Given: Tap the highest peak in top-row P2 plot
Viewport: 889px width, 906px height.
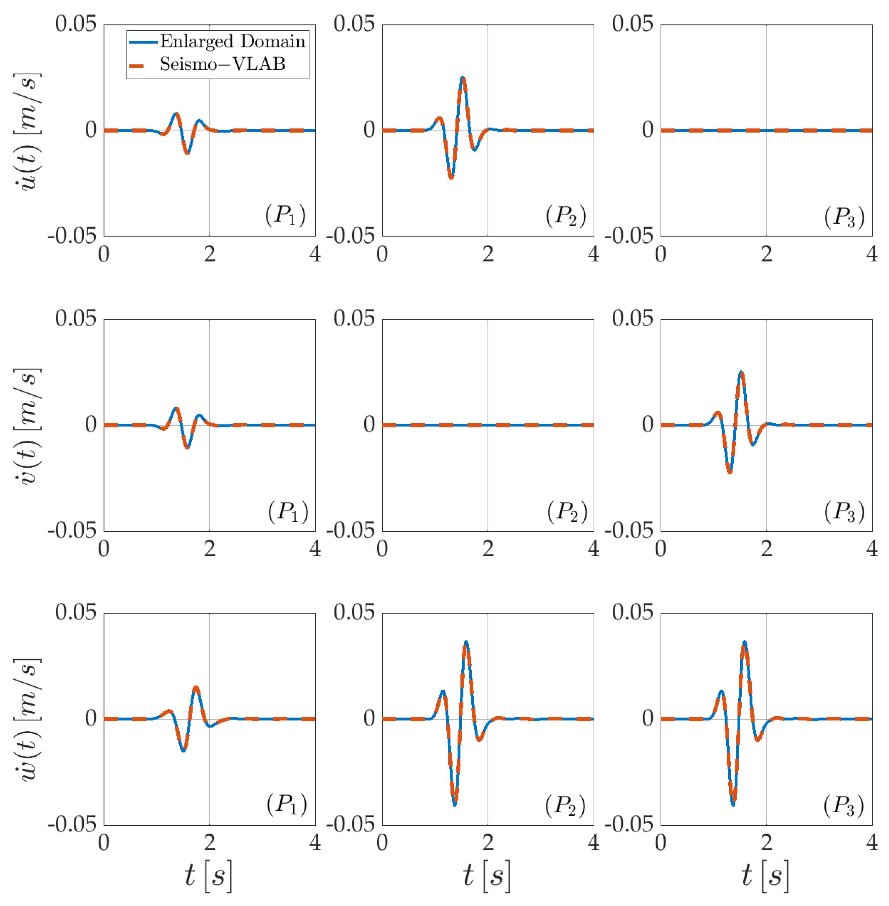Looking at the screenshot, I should pos(462,78).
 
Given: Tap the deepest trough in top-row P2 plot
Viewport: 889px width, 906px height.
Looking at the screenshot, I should pos(451,178).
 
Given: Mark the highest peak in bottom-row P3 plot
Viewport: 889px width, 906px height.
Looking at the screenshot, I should pos(744,643).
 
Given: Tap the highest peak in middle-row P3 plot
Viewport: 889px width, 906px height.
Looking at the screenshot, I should pos(741,373).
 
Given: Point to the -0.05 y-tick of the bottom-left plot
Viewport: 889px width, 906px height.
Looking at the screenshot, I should pos(72,825).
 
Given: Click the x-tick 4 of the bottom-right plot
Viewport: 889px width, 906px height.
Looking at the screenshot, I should pos(871,842).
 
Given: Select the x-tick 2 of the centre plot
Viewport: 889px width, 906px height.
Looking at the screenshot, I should pos(488,549).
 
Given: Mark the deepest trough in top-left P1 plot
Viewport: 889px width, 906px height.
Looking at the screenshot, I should pos(187,153).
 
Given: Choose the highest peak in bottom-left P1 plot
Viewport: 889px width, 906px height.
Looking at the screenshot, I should pos(196,687).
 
